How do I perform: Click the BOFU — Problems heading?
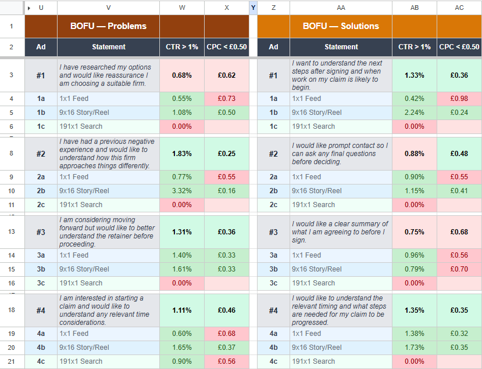coord(108,26)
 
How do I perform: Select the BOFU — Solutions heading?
coord(341,26)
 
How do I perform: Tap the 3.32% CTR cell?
coord(182,191)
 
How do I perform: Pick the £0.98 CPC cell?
coord(459,99)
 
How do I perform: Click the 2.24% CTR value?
coord(415,113)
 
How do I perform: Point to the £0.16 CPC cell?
coord(227,191)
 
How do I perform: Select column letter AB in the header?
coord(415,8)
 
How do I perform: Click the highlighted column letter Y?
coord(253,8)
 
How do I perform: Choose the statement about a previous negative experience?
coord(108,154)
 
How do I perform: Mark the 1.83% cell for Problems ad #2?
coord(182,154)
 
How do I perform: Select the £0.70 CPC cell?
coord(459,269)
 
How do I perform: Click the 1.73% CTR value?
coord(415,348)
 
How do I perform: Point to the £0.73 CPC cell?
coord(227,99)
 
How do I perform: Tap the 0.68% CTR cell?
coord(182,75)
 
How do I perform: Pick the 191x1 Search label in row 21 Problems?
coord(81,361)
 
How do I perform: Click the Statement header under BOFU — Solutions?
coord(341,47)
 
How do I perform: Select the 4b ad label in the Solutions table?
coord(273,348)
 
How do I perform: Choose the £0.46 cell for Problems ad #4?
coord(227,310)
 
